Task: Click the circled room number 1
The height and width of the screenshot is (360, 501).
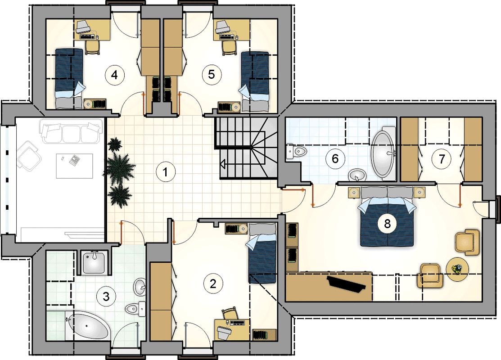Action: point(166,172)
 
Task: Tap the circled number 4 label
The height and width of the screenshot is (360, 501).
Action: point(114,75)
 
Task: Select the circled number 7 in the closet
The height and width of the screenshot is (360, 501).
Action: point(442,159)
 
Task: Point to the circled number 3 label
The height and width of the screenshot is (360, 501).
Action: point(106,296)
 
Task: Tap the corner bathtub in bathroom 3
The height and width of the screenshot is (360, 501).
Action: point(87,326)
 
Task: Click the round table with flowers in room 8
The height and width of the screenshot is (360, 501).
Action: point(457,269)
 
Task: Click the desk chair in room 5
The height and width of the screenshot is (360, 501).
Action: point(229,48)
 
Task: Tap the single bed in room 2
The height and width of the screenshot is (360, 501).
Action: point(262,253)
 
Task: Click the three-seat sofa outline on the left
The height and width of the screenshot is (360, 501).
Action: point(71,131)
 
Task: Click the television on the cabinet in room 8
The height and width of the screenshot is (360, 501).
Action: point(347,283)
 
